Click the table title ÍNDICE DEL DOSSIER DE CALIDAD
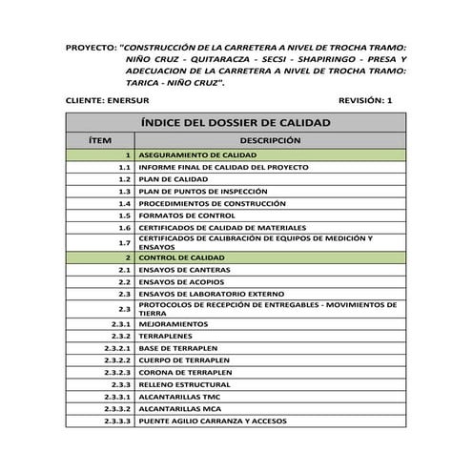(235, 123)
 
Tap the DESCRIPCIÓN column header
(270, 140)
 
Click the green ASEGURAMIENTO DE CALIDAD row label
(197, 154)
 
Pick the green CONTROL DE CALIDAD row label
(181, 258)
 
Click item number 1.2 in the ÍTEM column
(124, 178)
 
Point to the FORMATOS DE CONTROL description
(186, 215)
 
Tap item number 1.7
(124, 243)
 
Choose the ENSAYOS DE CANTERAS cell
(185, 271)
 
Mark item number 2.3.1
(120, 324)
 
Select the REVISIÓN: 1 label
(365, 100)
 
